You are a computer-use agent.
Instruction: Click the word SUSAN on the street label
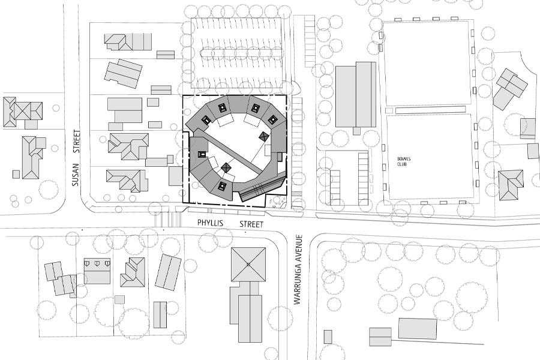[x=76, y=175]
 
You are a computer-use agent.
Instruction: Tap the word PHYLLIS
[x=210, y=223]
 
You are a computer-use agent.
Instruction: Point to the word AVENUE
[x=298, y=246]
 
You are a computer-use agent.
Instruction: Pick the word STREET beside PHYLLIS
[x=251, y=224]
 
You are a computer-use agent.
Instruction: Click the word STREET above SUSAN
[x=76, y=141]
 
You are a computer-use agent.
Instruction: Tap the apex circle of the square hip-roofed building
[x=248, y=265]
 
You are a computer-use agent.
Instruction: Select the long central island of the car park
[x=241, y=52]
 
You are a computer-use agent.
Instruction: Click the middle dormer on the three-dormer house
[x=97, y=263]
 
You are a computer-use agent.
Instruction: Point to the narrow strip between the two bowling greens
[x=430, y=110]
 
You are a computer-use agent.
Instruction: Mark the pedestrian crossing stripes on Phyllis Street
[x=168, y=220]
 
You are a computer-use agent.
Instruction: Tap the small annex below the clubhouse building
[x=356, y=131]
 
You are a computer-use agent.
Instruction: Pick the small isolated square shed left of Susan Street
[x=16, y=175]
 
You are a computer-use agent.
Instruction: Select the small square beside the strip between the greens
[x=389, y=110]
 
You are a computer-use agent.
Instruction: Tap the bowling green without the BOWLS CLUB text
[x=427, y=64]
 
